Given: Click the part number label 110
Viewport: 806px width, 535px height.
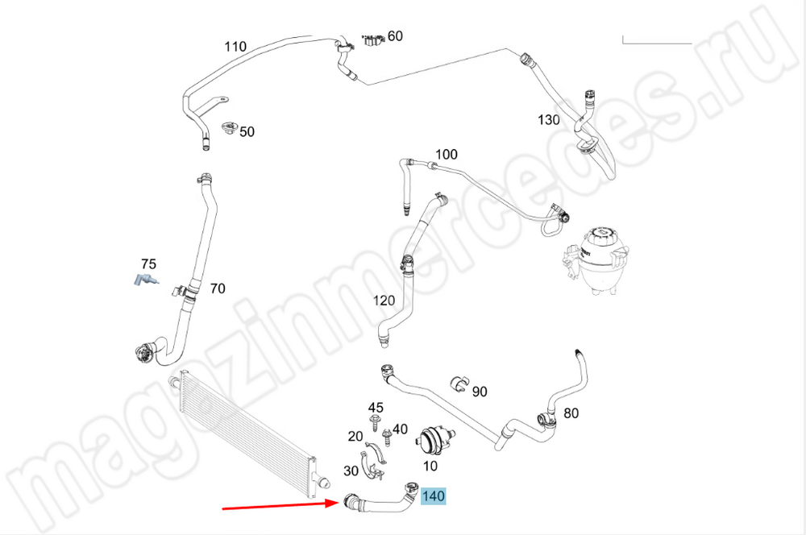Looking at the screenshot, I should click(x=235, y=46).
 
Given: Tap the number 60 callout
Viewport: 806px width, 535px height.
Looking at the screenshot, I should click(x=395, y=35).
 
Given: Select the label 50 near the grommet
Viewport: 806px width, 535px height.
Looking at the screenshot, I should click(x=247, y=131).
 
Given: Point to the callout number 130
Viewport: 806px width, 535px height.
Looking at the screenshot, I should click(x=549, y=120).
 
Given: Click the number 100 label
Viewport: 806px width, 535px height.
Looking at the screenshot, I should click(x=446, y=155).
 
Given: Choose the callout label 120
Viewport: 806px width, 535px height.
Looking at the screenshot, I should click(x=384, y=301).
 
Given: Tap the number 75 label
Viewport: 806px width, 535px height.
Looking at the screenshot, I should click(x=148, y=264).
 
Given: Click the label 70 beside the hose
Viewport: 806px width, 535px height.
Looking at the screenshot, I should click(x=218, y=288).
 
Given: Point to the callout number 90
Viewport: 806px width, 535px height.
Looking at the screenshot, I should click(x=480, y=392).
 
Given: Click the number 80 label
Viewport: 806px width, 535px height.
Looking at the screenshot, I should click(x=571, y=414).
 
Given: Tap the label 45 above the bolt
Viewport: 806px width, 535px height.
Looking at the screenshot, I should click(x=376, y=408).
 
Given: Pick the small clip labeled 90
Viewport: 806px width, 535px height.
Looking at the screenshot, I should click(x=459, y=382).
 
